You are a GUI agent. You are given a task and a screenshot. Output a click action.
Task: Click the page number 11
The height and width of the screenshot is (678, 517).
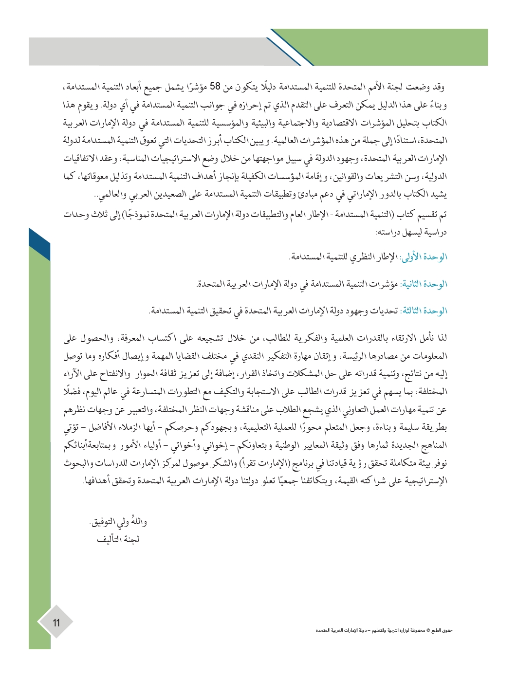coord(56,622)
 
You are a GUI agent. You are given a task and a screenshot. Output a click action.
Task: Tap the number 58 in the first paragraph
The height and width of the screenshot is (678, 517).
coord(215,87)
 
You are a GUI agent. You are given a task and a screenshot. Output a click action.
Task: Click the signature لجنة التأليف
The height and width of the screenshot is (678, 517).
coord(118,539)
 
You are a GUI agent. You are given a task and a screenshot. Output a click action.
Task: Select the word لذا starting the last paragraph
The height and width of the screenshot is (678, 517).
coord(441,338)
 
